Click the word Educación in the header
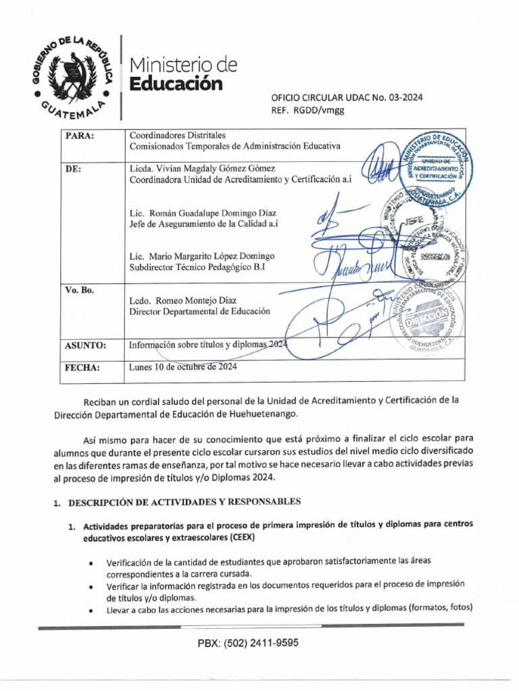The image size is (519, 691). coord(175,84)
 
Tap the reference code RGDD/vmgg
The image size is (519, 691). coord(318,110)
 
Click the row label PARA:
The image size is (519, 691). coord(79,136)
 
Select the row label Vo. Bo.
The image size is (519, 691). coord(79,290)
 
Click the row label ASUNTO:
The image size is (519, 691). coord(85,345)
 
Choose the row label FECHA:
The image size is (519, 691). coord(82,368)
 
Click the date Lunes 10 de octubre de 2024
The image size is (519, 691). coord(182,367)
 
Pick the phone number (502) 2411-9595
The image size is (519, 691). coord(248,643)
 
